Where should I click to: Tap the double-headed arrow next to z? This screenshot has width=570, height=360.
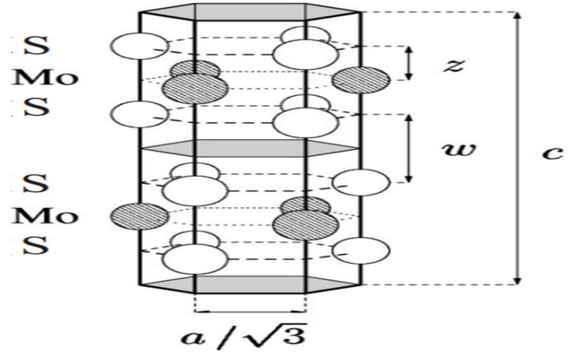tap(409, 63)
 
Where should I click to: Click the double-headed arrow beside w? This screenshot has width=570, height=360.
tap(409, 149)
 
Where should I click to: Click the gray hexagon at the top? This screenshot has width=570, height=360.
tap(250, 12)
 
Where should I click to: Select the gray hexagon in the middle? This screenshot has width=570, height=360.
tap(250, 148)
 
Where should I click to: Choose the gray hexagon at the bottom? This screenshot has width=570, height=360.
tap(250, 284)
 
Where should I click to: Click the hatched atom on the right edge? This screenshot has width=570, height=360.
tap(361, 80)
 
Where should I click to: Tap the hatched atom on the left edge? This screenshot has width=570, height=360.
tap(139, 216)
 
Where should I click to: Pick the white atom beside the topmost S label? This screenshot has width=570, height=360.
tap(139, 46)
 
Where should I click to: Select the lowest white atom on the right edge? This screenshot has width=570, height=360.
tap(361, 250)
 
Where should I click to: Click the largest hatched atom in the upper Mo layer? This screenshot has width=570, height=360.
tap(195, 89)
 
